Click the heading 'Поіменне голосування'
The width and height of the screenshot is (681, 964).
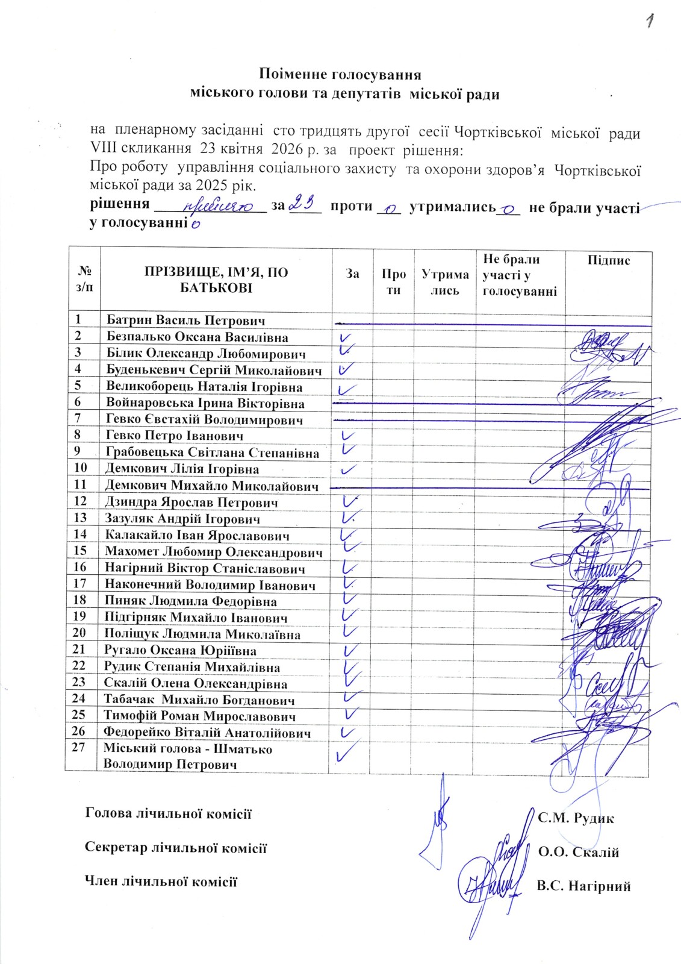point(340,75)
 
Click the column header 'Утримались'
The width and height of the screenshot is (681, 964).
point(445,282)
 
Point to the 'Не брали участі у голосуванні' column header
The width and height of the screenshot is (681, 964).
point(520,276)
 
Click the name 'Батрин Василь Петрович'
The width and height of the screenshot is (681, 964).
point(185,321)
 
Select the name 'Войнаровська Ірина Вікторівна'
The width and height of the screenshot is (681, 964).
point(205,403)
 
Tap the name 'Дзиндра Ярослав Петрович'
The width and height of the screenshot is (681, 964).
point(191,502)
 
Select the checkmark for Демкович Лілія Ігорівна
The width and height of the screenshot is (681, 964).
point(347,468)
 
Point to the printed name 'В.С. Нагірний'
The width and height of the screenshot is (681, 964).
point(583,886)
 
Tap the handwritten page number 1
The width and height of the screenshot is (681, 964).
point(649,22)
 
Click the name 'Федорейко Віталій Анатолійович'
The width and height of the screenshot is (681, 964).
point(207,733)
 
